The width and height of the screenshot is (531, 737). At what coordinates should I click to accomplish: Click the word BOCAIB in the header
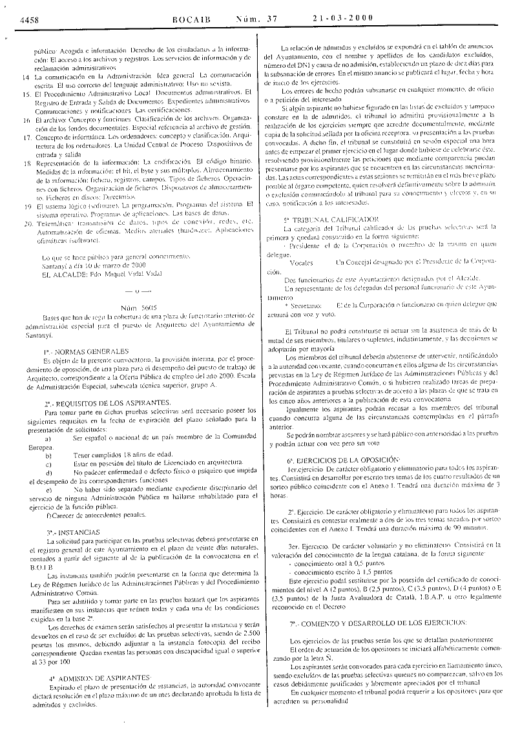click(192, 18)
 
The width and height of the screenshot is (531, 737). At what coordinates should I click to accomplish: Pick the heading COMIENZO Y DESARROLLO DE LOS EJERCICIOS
click(387, 623)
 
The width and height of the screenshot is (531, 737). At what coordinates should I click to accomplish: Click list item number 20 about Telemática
click(26, 223)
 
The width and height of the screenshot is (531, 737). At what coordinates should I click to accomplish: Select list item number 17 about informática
click(26, 137)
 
